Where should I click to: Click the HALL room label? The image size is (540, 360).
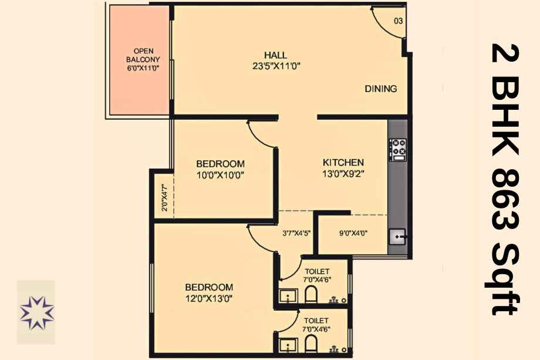[275, 55]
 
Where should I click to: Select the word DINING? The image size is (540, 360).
[380, 89]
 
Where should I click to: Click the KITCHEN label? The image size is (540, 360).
[343, 162]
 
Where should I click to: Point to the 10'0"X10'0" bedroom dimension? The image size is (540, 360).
[220, 176]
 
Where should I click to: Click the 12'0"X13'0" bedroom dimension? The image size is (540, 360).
[209, 298]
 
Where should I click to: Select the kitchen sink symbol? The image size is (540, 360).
[398, 237]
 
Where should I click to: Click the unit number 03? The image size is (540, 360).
[398, 21]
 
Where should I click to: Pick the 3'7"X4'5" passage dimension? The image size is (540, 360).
[296, 233]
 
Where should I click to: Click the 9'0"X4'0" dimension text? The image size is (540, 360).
[353, 233]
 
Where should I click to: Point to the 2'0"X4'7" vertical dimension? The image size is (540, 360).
[164, 197]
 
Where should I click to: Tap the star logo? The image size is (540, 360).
[36, 312]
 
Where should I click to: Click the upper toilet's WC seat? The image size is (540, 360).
[310, 294]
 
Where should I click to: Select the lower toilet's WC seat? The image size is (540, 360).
[310, 344]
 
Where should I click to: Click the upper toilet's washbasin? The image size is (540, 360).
[288, 296]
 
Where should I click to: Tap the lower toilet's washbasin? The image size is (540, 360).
[288, 345]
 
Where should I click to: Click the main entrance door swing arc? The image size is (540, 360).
[382, 24]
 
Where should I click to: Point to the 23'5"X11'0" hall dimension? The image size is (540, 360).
[276, 66]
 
